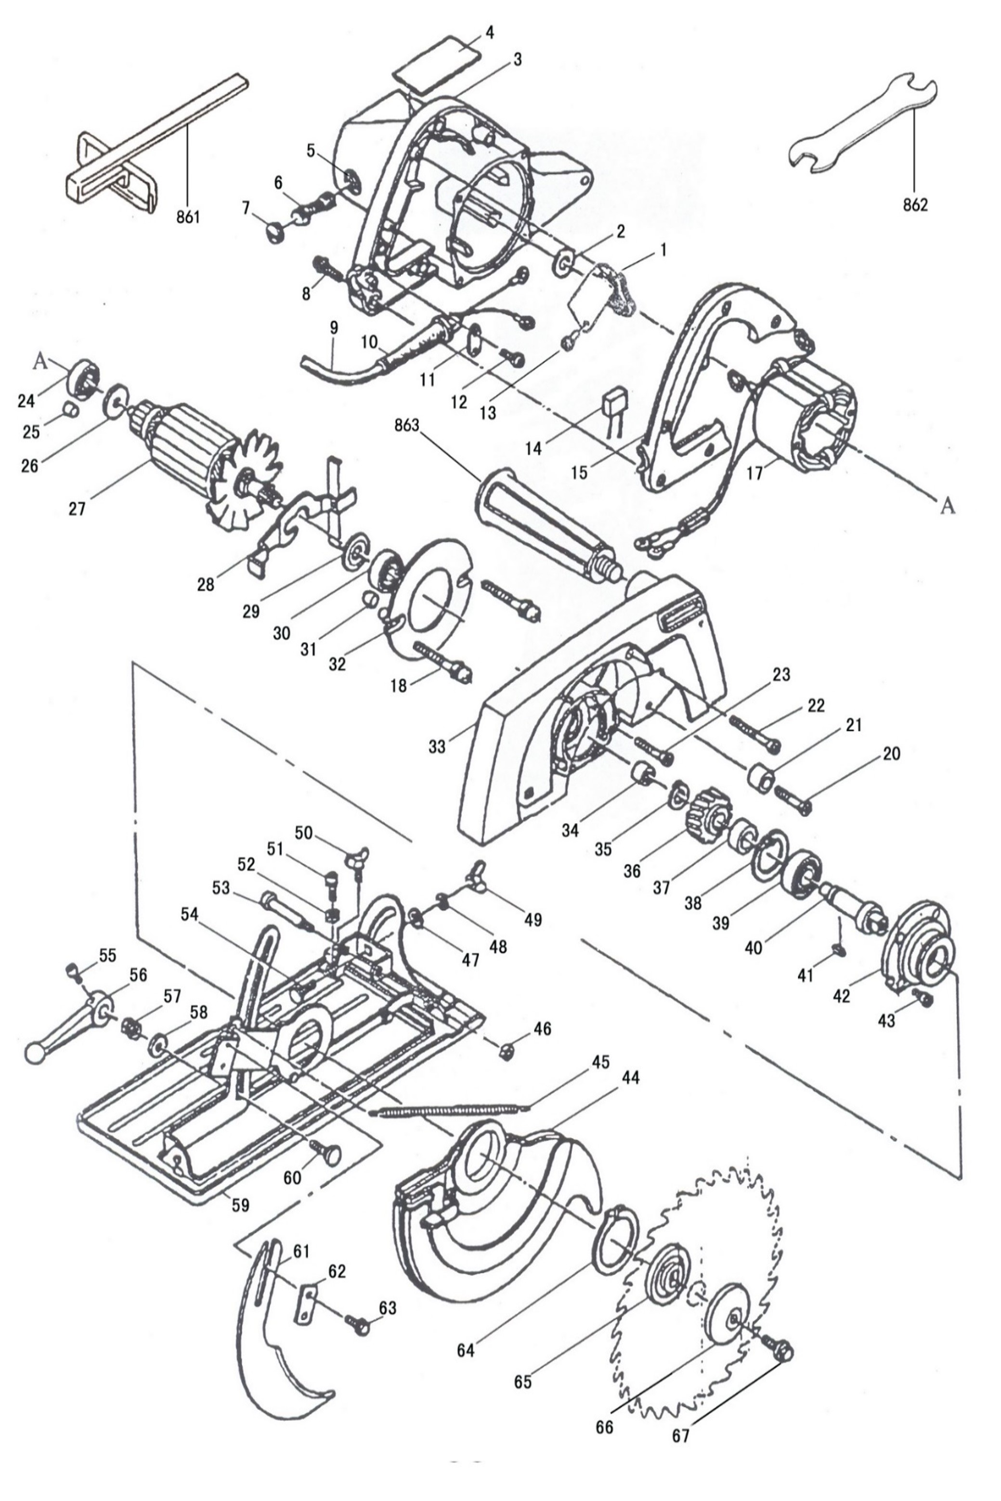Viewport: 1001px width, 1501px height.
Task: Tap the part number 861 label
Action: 188,217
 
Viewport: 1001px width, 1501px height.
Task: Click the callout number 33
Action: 437,746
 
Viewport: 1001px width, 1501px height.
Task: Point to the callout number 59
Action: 241,1205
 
